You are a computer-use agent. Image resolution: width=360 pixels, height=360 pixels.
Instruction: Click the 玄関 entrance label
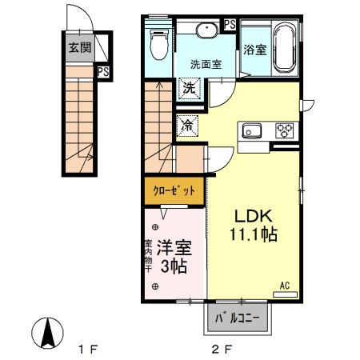78,47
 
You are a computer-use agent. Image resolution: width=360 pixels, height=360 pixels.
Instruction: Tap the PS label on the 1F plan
103,72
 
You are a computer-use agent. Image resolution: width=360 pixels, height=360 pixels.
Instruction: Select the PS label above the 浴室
230,24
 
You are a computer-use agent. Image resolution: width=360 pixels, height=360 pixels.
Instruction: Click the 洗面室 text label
205,62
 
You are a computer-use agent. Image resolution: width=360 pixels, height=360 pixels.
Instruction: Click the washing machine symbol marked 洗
189,88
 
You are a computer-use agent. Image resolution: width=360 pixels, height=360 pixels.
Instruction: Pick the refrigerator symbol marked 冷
188,125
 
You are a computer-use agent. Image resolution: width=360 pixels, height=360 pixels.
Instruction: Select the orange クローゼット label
174,190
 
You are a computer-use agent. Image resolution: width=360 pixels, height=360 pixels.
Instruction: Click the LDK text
254,216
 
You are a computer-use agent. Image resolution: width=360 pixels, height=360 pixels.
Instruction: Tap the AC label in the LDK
284,286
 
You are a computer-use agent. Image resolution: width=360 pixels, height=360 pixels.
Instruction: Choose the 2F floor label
222,350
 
